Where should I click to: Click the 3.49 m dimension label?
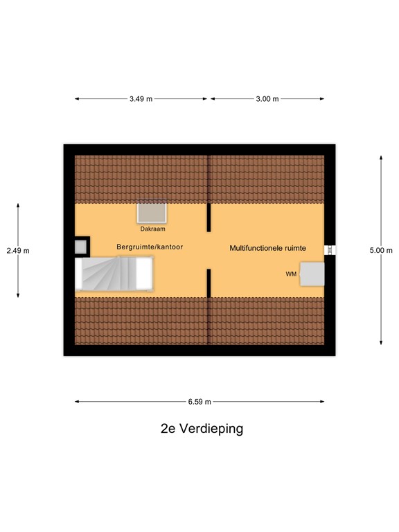(x=141, y=99)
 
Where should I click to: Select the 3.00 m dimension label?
(x=267, y=99)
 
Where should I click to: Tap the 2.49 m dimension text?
(x=18, y=250)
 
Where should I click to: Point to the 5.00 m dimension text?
(x=381, y=250)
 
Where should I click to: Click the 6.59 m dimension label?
(x=199, y=401)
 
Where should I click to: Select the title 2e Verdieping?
(x=202, y=429)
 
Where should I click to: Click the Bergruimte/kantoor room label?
(x=150, y=246)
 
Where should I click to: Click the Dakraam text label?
(x=152, y=228)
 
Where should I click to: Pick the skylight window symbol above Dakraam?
(x=152, y=212)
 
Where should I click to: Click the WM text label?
(x=290, y=274)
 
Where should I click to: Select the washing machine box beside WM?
(x=312, y=274)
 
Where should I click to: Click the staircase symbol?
(x=117, y=273)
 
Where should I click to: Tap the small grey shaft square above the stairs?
(x=80, y=246)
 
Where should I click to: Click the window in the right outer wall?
(x=330, y=250)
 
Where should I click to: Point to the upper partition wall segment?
(x=208, y=217)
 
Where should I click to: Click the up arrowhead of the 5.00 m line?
(x=381, y=158)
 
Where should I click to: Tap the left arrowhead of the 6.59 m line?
(x=78, y=401)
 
